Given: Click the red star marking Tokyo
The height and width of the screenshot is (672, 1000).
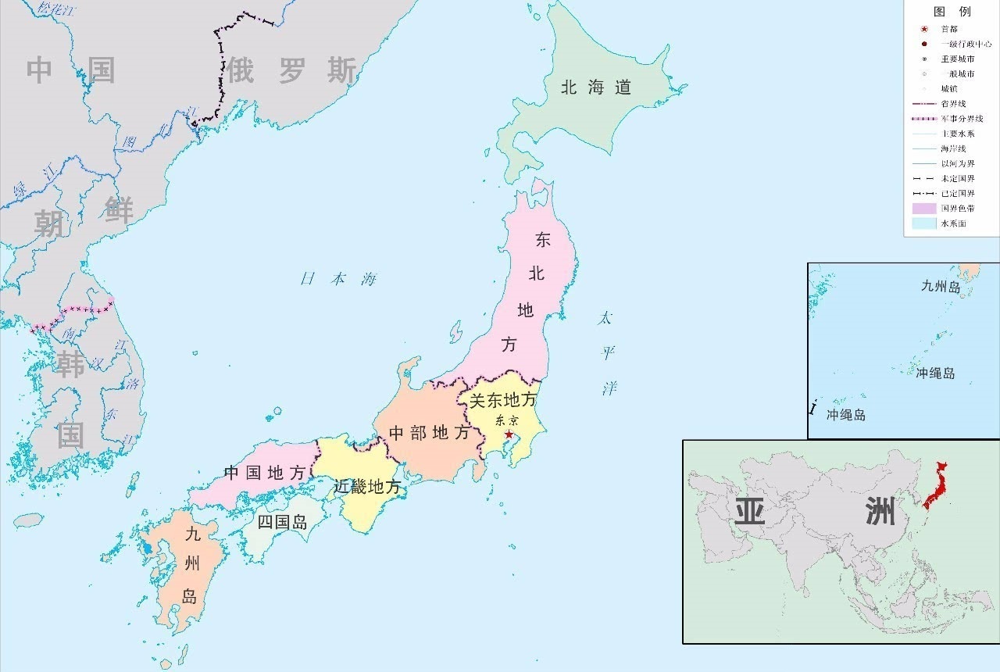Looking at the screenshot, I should [509, 434].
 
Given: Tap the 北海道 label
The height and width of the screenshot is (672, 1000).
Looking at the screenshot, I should [595, 88].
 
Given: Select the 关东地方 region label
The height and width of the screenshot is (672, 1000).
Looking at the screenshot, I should [502, 400].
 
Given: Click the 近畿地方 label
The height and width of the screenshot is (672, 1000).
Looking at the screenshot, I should [367, 487].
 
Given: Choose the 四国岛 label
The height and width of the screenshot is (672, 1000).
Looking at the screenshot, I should [282, 522].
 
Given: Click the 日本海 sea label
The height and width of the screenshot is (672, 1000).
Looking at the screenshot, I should [338, 279].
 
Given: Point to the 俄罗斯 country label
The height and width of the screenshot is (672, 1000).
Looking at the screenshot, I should [292, 71].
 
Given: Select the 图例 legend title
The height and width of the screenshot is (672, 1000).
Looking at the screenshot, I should [952, 12].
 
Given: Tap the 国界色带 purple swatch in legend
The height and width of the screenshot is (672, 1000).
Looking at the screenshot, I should [923, 209].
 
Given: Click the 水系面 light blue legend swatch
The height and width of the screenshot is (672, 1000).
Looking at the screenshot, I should [923, 223].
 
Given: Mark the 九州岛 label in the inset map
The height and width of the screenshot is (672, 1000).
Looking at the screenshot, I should [940, 287].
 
